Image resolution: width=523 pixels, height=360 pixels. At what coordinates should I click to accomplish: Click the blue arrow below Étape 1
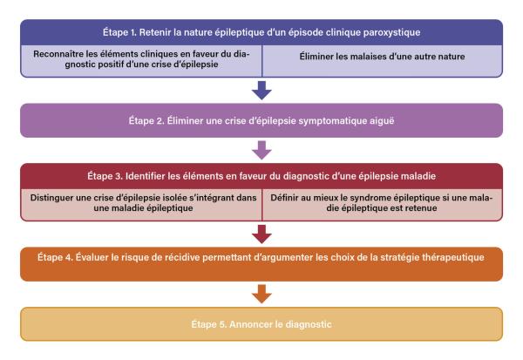(261, 90)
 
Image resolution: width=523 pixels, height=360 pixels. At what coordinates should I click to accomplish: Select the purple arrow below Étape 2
(261, 150)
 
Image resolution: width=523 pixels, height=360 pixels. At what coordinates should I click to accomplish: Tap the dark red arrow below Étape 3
(261, 234)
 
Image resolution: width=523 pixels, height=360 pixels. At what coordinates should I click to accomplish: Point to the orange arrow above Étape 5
(261, 294)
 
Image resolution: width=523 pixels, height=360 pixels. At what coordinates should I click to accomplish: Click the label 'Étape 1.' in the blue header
(119, 32)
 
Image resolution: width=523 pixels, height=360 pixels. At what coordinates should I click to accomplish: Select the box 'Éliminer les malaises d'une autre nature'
(383, 61)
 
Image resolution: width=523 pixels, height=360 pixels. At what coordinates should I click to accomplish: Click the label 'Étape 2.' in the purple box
(146, 120)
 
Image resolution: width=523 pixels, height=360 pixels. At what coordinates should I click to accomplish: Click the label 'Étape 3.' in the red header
(105, 176)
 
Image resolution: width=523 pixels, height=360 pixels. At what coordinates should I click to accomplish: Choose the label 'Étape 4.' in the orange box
(55, 257)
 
